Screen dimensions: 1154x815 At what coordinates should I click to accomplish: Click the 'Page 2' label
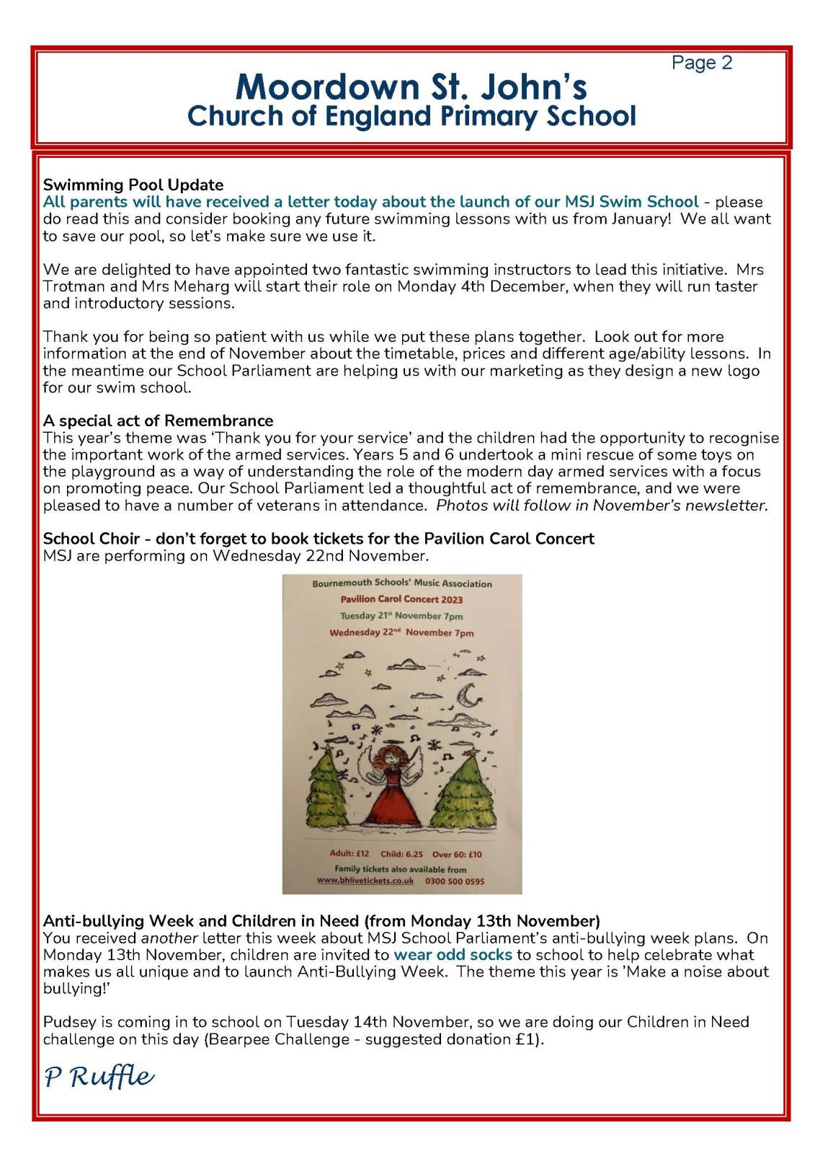pos(701,63)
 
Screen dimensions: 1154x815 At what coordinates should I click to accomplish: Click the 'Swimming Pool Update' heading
pos(133,185)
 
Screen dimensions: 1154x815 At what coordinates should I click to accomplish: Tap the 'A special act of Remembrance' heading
pos(158,420)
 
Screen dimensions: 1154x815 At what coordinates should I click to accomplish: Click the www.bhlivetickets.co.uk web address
pos(365,881)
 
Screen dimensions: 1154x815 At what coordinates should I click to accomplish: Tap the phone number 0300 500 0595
pos(455,881)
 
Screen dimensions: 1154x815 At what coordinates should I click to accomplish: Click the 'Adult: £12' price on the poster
pos(349,853)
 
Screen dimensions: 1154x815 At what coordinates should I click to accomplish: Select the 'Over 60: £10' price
pos(457,854)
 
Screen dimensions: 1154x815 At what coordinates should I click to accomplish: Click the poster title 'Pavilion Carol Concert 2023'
pos(401,599)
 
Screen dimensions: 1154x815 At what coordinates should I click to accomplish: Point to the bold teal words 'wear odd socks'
pos(453,955)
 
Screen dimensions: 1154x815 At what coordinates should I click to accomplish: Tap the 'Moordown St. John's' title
pos(411,87)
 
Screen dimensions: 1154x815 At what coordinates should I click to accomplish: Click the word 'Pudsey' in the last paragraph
pos(68,1022)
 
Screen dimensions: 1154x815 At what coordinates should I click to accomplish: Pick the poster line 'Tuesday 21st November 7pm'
pos(401,616)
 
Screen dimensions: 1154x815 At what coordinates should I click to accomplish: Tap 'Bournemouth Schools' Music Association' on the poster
pos(401,583)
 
